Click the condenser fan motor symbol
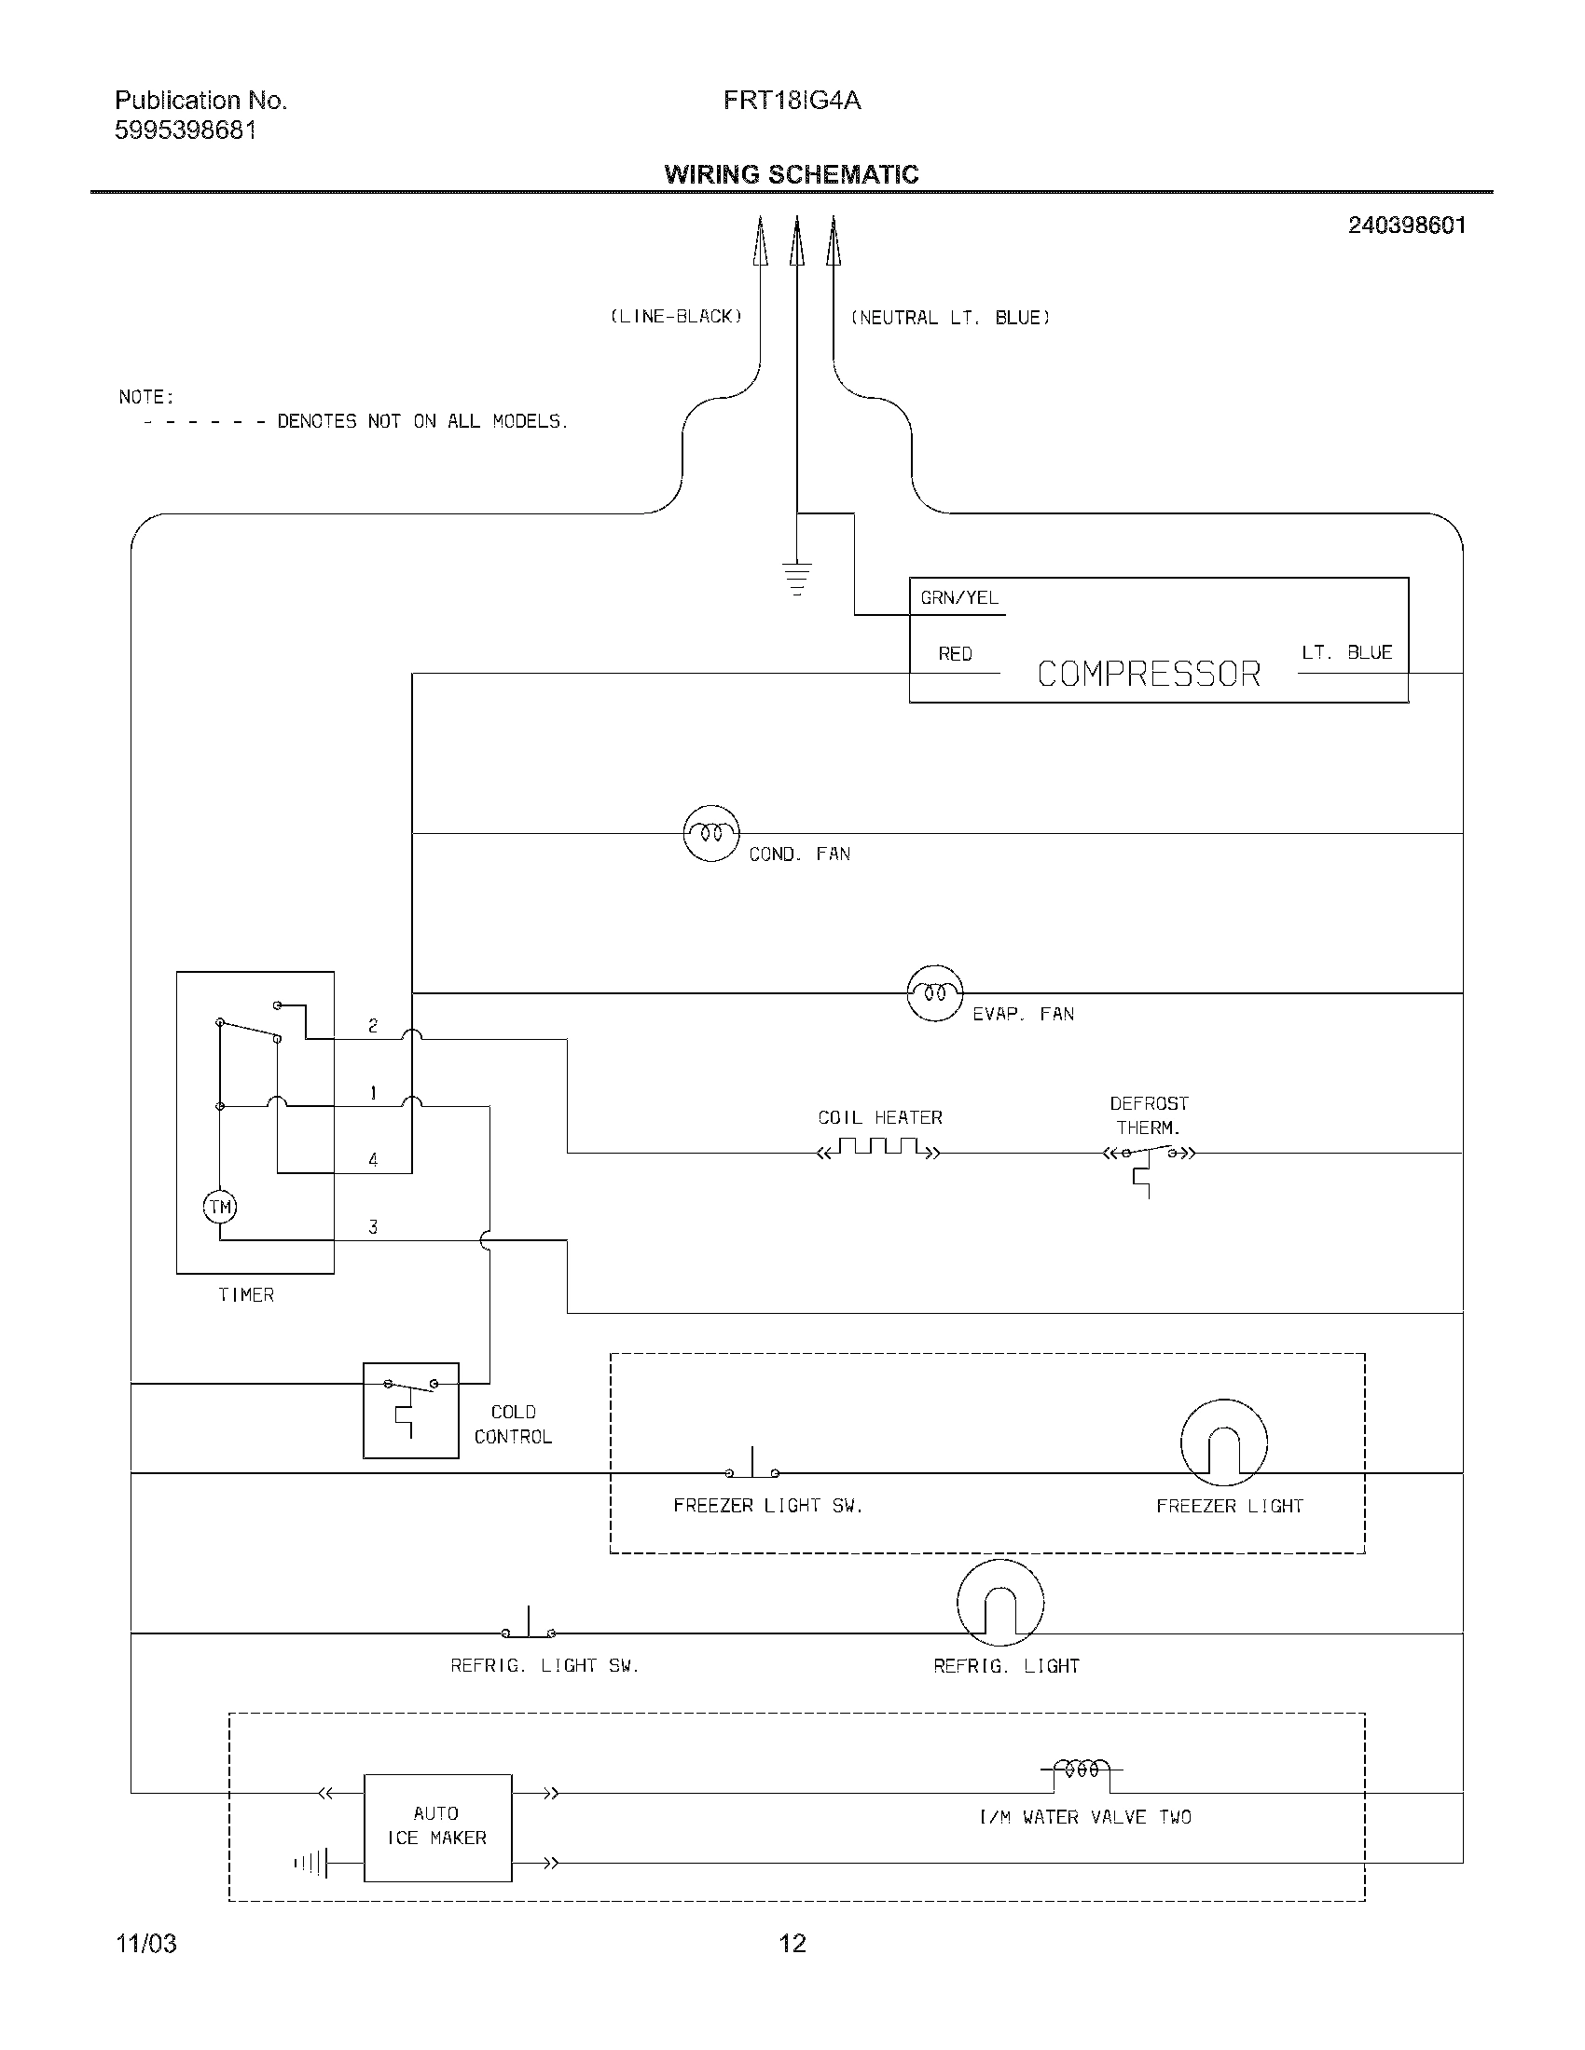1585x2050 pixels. pyautogui.click(x=710, y=832)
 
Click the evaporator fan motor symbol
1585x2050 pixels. pyautogui.click(x=934, y=992)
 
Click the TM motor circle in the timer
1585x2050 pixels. pyautogui.click(x=220, y=1206)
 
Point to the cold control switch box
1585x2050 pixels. pyautogui.click(x=410, y=1410)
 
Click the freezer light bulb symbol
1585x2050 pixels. pyautogui.click(x=1222, y=1442)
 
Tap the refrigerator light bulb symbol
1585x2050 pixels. pyautogui.click(x=1000, y=1603)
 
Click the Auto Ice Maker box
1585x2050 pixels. pyautogui.click(x=437, y=1826)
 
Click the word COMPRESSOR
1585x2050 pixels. pyautogui.click(x=1149, y=674)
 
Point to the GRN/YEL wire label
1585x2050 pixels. pyautogui.click(x=958, y=598)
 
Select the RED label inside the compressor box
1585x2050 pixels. pyautogui.click(x=955, y=654)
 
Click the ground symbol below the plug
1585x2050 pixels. pyautogui.click(x=796, y=578)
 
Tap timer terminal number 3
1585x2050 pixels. pyautogui.click(x=373, y=1227)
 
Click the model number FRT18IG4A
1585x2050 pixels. pyautogui.click(x=792, y=101)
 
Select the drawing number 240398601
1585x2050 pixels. pyautogui.click(x=1407, y=225)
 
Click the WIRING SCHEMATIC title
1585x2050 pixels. pyautogui.click(x=792, y=174)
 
